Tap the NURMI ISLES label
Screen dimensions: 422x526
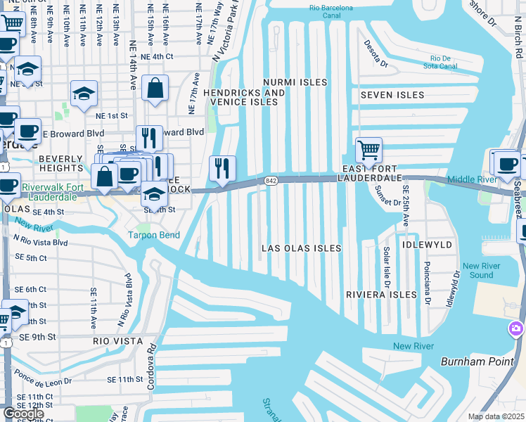295,82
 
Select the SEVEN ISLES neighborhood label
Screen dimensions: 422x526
392,95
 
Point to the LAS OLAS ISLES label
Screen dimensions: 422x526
301,248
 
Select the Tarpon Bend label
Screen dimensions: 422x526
153,235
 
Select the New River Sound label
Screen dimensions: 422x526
482,270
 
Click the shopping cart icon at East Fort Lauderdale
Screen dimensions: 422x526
368,150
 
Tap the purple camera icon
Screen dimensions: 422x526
517,329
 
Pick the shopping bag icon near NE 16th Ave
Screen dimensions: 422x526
155,89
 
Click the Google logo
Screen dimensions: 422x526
23,414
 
